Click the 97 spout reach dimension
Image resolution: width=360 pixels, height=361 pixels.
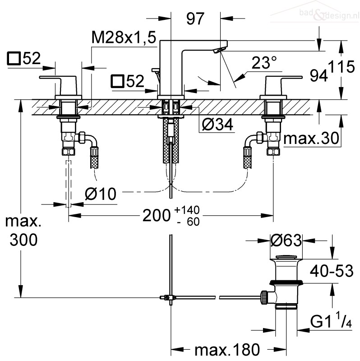click(195, 19)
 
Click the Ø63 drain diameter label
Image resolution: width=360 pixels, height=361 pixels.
click(286, 241)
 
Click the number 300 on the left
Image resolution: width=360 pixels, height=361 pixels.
click(23, 240)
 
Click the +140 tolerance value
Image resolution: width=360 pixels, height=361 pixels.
click(189, 210)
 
